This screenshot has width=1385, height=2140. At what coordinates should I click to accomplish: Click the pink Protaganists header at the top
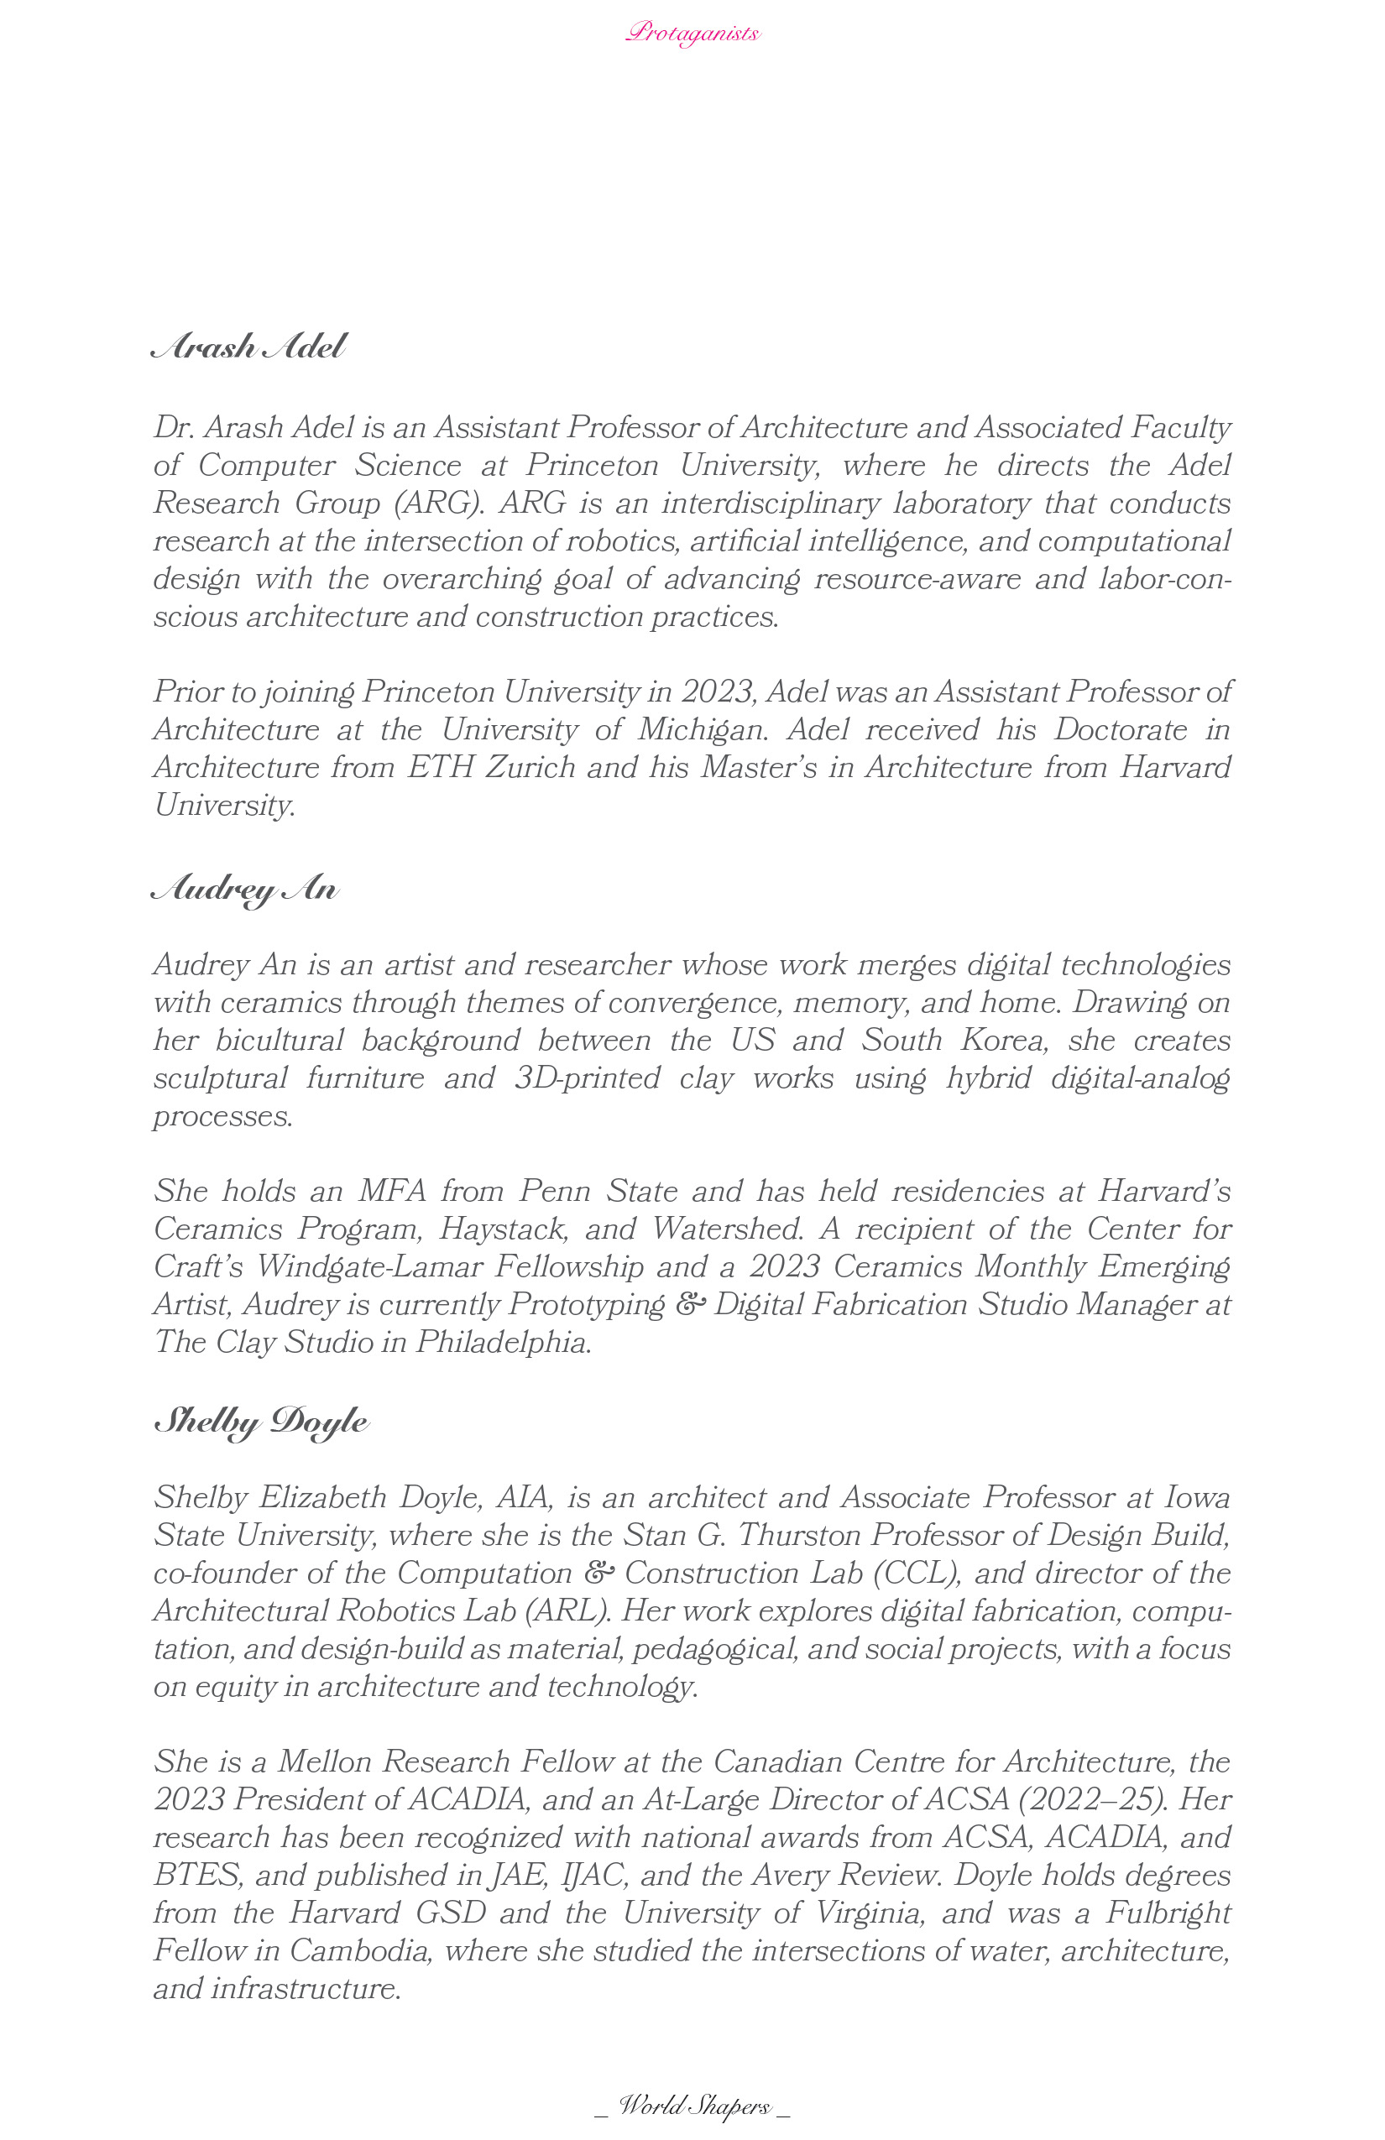click(692, 34)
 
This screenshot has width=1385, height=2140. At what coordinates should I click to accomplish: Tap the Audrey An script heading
click(244, 890)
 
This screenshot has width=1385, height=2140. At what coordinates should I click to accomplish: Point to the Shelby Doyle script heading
click(262, 1422)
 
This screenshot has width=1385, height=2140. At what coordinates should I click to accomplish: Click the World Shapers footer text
click(692, 2105)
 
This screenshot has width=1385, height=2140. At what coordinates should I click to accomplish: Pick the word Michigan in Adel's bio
click(703, 729)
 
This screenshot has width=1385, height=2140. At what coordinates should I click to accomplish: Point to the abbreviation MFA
click(392, 1192)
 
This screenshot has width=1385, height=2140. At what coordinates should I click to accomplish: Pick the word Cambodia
click(359, 1950)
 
